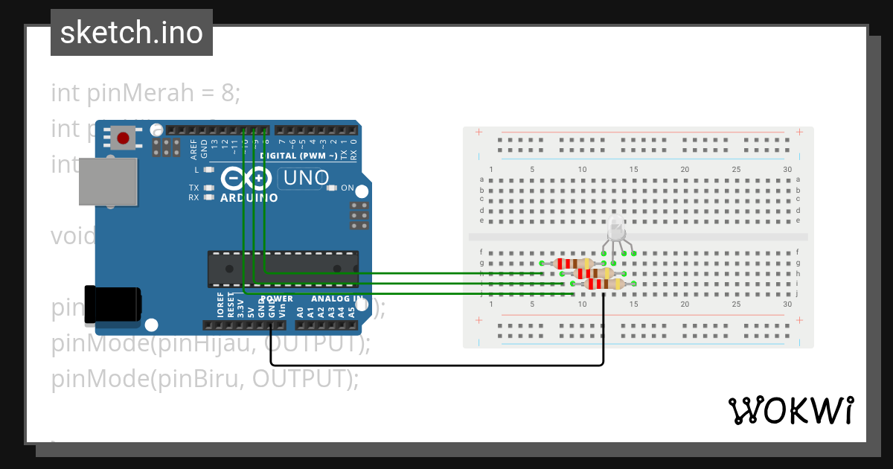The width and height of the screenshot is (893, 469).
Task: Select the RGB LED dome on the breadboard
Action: [616, 227]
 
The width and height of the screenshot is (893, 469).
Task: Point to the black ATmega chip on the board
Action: [283, 269]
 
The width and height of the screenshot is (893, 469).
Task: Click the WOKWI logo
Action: [790, 411]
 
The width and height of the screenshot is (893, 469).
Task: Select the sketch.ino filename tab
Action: [132, 33]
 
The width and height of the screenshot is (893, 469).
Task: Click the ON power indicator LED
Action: [332, 188]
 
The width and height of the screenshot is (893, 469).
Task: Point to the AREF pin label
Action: [193, 150]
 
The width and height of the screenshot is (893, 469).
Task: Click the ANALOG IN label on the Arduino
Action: [336, 299]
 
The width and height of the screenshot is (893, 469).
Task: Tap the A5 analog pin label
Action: [351, 312]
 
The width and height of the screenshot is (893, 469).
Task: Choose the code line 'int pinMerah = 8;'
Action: [146, 93]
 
